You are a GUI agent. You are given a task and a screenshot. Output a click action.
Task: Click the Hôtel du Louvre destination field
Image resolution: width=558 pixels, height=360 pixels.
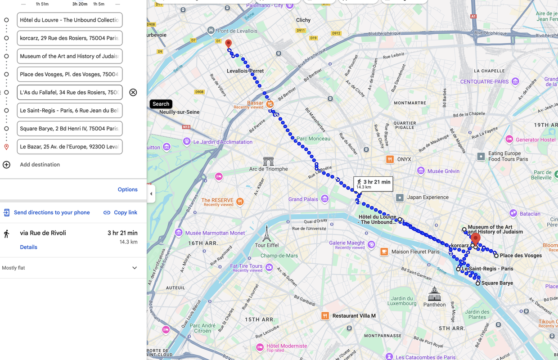70,20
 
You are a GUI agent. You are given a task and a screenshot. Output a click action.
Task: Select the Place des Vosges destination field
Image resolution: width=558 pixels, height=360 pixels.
70,74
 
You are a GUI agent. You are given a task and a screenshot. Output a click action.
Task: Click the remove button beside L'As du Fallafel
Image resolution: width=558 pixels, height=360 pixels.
133,92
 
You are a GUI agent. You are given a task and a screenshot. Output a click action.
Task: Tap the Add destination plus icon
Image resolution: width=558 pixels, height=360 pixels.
6,165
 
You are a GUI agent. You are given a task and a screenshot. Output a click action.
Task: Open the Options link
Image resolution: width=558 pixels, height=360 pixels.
127,189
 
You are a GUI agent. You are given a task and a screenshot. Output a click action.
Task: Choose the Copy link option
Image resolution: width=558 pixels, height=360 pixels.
120,212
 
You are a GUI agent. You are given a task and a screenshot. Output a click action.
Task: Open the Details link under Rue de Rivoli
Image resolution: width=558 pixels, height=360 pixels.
28,247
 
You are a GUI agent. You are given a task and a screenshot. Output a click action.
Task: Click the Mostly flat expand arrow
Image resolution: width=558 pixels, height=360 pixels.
135,268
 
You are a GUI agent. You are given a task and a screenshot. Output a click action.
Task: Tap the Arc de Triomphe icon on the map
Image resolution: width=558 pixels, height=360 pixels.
269,161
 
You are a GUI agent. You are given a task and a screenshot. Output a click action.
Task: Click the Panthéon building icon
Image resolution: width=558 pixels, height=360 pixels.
435,294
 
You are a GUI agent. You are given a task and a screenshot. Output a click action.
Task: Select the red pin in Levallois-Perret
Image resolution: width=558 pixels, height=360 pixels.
229,44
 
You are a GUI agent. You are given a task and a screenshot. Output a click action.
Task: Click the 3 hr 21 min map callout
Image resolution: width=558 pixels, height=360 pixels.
373,184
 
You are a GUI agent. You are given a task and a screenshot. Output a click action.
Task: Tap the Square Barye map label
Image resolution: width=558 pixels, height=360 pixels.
497,283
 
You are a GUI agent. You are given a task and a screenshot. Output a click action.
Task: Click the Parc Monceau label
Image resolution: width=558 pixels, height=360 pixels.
313,139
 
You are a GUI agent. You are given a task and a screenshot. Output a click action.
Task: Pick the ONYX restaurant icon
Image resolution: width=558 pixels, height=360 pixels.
390,159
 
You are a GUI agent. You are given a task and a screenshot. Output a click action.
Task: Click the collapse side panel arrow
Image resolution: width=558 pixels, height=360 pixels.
151,194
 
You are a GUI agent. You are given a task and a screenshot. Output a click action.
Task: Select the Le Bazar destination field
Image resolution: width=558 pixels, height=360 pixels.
70,147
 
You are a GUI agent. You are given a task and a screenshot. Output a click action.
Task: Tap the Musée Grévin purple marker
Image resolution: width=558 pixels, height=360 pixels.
421,171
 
